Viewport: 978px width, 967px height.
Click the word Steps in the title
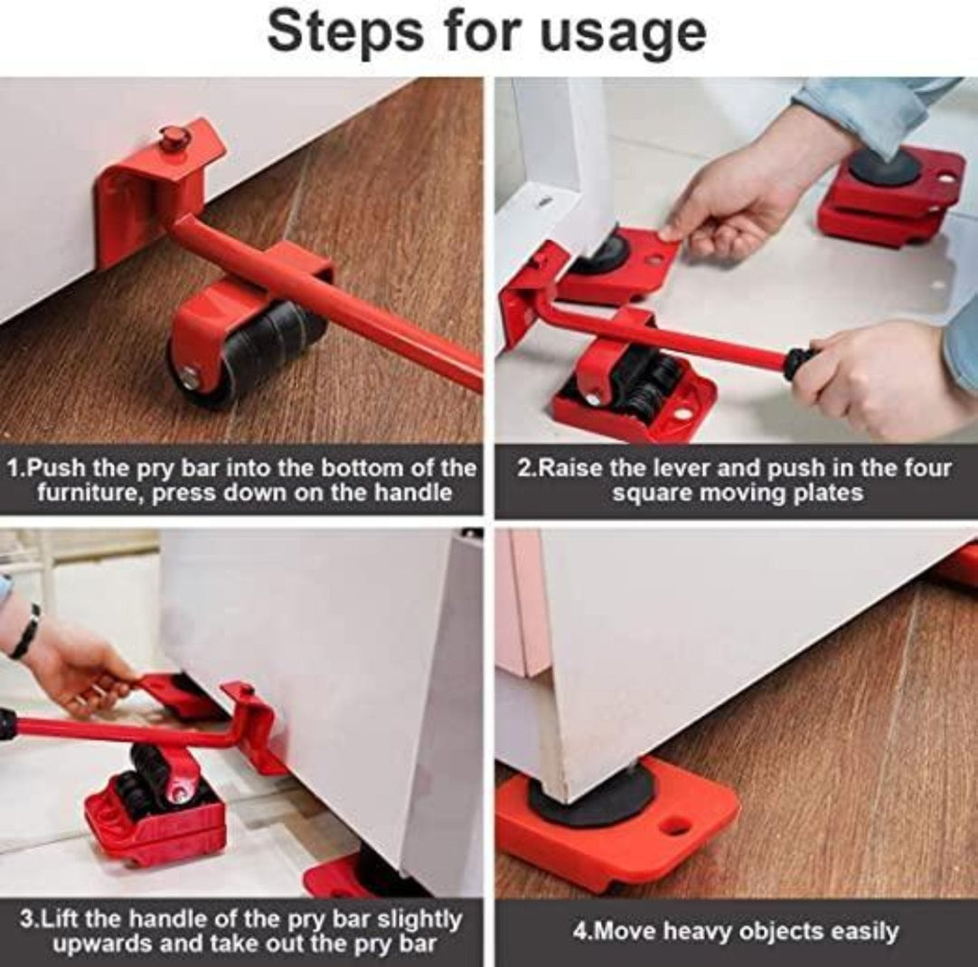tap(344, 33)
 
